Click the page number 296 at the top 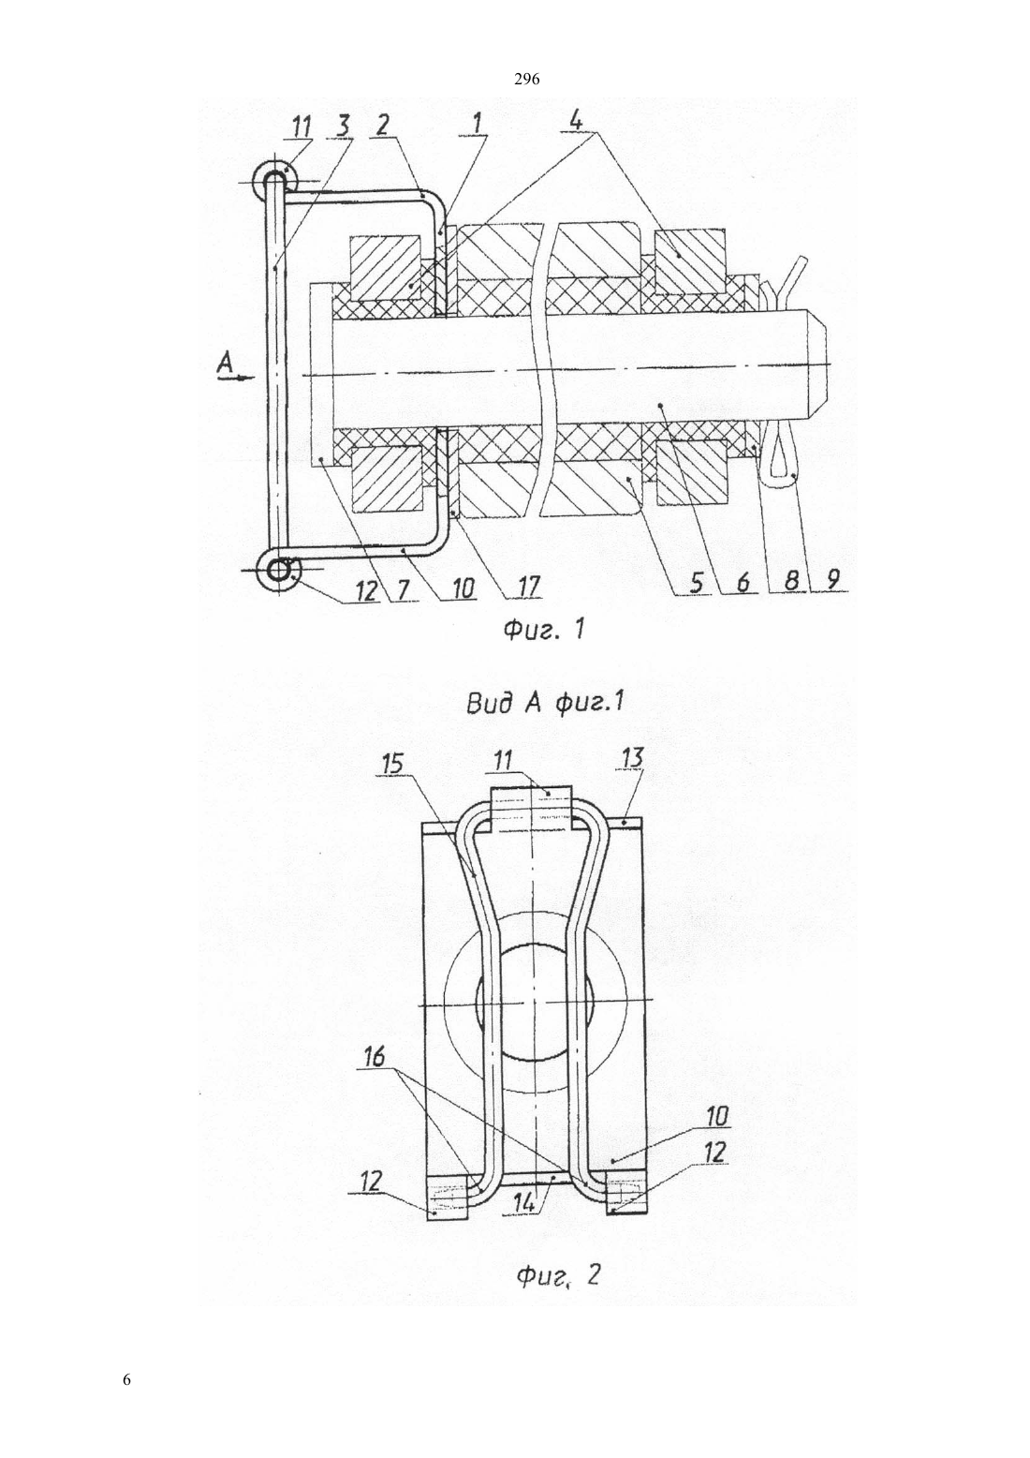[x=526, y=80]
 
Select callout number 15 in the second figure [x=392, y=763]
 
